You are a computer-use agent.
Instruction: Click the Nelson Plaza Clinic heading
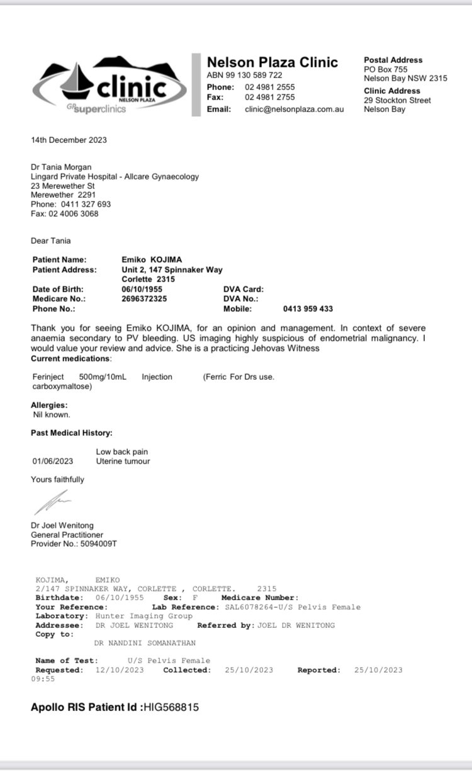pos(273,62)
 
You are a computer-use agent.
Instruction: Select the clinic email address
pos(294,109)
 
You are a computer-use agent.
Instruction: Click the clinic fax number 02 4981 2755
pos(269,98)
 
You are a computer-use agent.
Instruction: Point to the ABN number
pos(245,75)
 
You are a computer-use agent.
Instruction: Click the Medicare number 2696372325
pos(144,299)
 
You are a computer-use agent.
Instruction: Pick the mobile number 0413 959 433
pos(308,309)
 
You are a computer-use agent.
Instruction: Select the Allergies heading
pos(49,406)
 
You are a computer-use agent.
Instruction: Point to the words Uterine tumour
pos(123,461)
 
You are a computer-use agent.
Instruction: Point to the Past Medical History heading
pos(72,433)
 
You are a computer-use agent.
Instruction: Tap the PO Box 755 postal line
pos(385,69)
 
